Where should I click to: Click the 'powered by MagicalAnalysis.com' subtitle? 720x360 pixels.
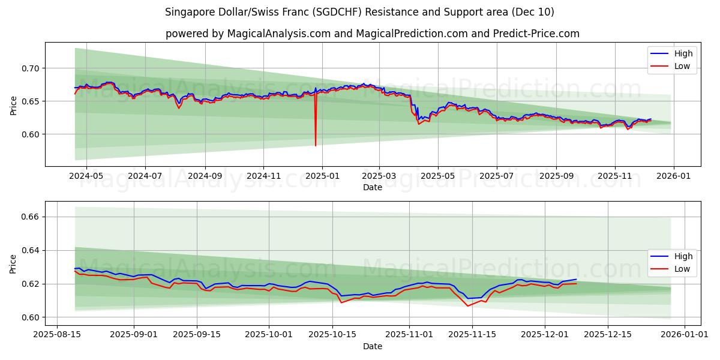pos(372,34)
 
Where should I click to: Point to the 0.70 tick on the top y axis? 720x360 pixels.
pos(30,68)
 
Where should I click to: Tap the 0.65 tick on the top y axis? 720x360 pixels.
pos(30,101)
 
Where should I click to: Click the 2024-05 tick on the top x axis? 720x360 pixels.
pos(86,176)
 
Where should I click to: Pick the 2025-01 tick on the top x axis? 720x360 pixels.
pos(322,176)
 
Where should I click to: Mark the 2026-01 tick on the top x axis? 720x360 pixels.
pos(673,176)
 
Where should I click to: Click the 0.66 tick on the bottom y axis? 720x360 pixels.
pos(30,217)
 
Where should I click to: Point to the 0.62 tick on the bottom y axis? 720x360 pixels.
pos(30,284)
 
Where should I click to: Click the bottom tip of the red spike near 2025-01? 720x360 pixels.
pos(316,145)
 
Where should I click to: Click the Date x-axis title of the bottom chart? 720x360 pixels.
pos(372,346)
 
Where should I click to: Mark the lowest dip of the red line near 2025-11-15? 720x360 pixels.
pos(468,306)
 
